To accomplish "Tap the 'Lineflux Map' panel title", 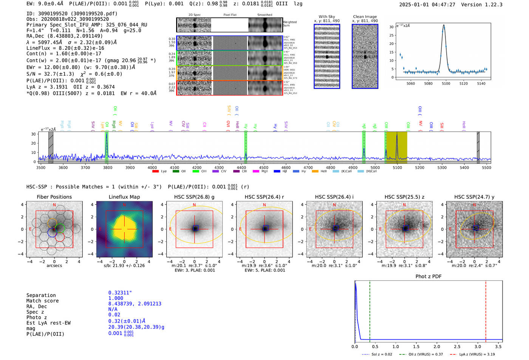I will pos(124,197).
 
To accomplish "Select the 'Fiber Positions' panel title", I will pos(54,197).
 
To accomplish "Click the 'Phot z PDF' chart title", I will pos(428,277).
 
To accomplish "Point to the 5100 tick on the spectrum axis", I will pos(397,168).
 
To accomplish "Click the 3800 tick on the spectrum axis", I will pos(108,168).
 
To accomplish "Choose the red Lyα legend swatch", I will pos(155,172).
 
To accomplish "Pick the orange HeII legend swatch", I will pos(315,172).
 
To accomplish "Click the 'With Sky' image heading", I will pos(326,17).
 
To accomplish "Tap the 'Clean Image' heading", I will pos(365,17).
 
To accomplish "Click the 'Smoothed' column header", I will pos(264,15).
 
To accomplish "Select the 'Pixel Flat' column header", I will pos(230,15).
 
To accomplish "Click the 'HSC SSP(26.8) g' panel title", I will pos(194,197).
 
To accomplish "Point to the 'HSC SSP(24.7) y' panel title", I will pos(474,197).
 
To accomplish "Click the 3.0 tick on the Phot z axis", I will pos(478,346).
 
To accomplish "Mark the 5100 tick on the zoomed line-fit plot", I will pos(446,83).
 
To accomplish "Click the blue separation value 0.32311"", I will pos(120,293).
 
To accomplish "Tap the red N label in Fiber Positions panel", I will pos(54,205).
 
